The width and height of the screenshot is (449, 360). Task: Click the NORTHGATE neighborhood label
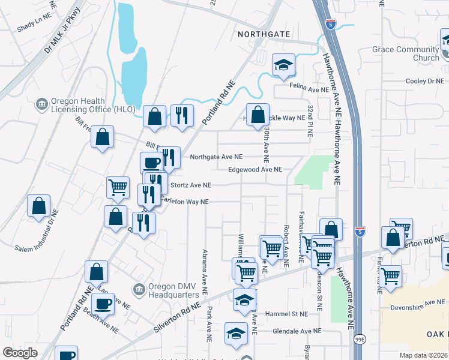tap(264, 34)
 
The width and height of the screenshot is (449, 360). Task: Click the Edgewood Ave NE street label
tap(255, 170)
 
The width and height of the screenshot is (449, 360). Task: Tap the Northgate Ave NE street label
tap(216, 157)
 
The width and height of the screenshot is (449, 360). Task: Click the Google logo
tap(20, 353)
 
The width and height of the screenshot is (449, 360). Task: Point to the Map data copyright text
tap(424, 355)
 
